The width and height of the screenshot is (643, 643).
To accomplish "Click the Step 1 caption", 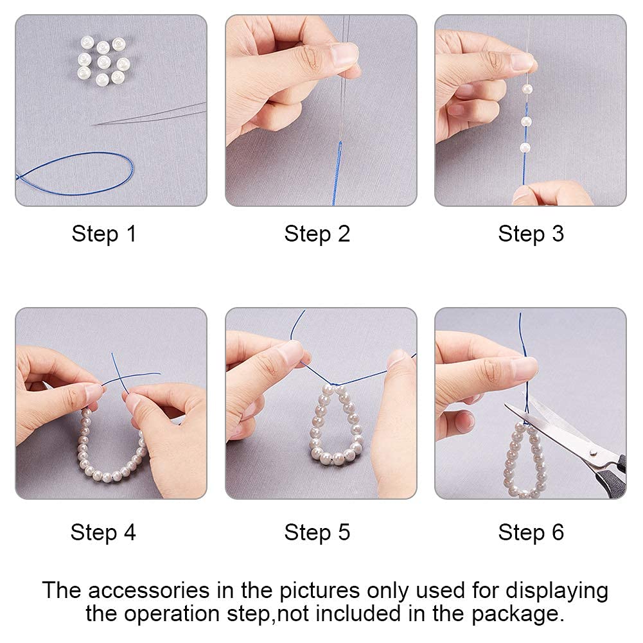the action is (104, 234).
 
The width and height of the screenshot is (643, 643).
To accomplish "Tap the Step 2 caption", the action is (317, 234).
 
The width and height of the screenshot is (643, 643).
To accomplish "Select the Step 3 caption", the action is (531, 234).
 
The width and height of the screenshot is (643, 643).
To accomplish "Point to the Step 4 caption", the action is (103, 533).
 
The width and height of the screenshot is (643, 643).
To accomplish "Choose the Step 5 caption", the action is (317, 533).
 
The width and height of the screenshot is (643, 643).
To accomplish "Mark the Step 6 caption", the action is (531, 533).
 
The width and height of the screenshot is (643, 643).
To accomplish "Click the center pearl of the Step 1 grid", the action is (103, 62).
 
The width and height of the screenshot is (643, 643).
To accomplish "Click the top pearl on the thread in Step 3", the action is (527, 89).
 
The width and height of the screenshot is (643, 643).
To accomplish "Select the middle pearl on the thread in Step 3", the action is (526, 121).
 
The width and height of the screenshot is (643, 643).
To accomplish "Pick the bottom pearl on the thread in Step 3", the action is (525, 148).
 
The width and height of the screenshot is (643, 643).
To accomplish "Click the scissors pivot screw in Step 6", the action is (593, 453).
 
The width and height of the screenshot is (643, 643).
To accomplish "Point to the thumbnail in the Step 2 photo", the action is (344, 55).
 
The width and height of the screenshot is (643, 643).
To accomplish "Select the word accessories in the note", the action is (148, 591).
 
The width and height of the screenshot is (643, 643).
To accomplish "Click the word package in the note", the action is (515, 614).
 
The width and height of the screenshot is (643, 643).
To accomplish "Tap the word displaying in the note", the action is (557, 592).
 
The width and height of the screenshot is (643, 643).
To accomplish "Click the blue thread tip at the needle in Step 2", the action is (340, 143).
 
